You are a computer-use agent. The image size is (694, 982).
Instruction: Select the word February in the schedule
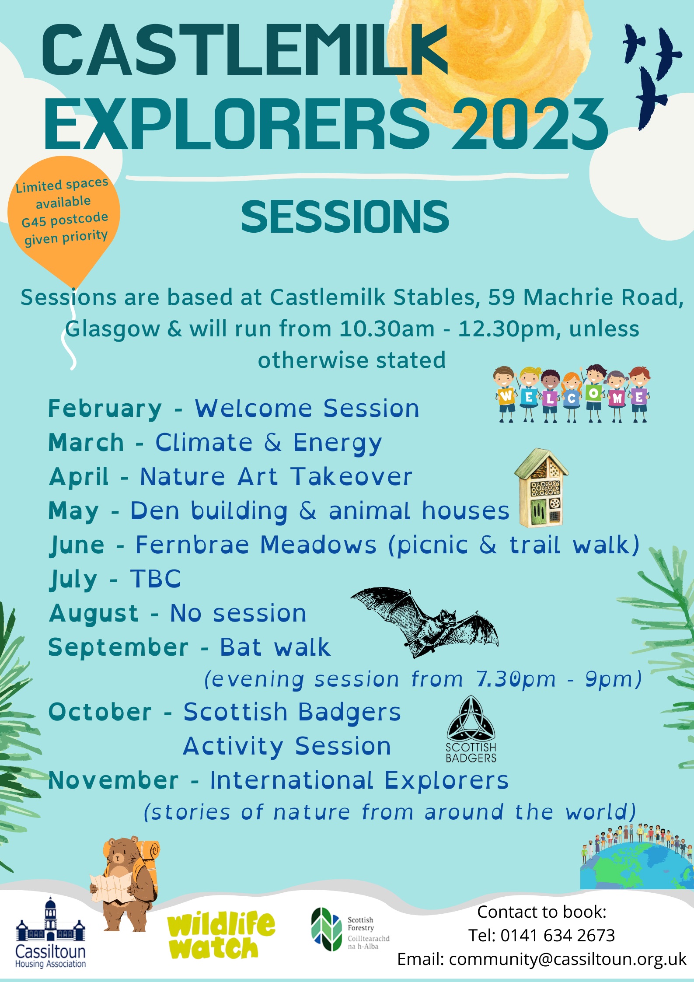point(105,409)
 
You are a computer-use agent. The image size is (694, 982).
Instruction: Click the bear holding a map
point(125,884)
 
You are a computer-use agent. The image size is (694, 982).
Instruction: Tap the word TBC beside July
point(156,579)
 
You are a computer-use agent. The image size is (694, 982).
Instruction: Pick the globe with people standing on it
point(637,857)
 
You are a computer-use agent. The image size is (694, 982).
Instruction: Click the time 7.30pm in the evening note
point(516,679)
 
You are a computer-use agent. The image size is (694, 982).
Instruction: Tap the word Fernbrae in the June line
point(192,545)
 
